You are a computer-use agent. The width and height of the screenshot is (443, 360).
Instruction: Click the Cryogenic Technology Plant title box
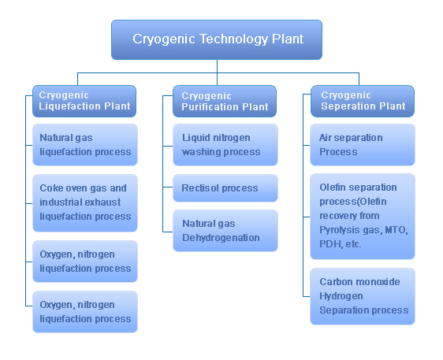tap(217, 39)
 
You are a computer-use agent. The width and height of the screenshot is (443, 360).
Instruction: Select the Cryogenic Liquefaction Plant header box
tap(84, 101)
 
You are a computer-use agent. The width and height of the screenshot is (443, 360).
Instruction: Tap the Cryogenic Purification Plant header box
tap(225, 101)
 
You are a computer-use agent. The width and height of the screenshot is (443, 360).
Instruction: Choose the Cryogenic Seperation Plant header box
tap(363, 101)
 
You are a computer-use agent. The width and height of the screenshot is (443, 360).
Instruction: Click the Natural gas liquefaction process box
tap(85, 145)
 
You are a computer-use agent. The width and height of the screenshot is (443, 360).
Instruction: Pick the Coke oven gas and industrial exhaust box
tap(85, 202)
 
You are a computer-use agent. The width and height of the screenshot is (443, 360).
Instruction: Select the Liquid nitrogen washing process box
tap(225, 145)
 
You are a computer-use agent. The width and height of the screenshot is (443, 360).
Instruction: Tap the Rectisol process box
tap(225, 187)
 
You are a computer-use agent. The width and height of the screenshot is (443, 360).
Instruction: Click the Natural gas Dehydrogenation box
tap(225, 230)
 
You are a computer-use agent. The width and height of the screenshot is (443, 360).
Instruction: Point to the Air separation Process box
tap(363, 145)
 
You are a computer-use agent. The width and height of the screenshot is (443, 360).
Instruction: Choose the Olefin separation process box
tap(363, 217)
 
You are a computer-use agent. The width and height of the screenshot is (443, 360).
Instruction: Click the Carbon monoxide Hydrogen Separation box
tap(363, 296)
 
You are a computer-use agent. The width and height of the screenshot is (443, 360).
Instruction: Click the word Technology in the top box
tap(233, 39)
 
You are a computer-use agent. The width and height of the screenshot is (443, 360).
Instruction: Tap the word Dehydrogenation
tap(221, 238)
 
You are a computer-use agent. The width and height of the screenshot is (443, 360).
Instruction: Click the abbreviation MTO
tap(396, 230)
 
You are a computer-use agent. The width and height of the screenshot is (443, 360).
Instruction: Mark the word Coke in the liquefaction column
tap(50, 187)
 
